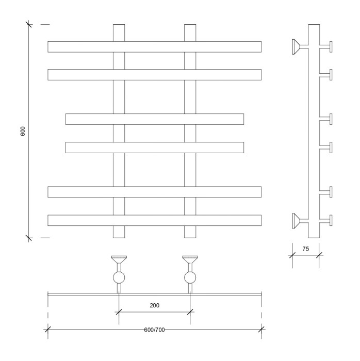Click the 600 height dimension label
[x=23, y=131]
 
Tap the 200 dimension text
[x=154, y=305]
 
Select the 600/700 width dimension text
[x=154, y=330]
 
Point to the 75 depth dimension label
[x=305, y=249]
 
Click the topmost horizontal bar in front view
[x=154, y=46]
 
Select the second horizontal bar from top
[x=154, y=74]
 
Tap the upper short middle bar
[x=154, y=119]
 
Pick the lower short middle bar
[x=154, y=147]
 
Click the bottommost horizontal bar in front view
[x=154, y=220]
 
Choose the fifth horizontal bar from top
[x=154, y=191]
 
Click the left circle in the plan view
[x=119, y=278]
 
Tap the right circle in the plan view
[x=190, y=278]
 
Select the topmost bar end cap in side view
[x=331, y=46]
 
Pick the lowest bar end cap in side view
[x=331, y=220]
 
